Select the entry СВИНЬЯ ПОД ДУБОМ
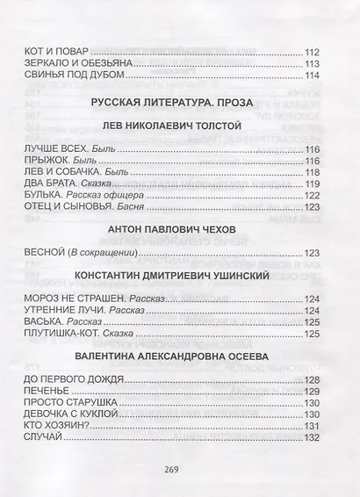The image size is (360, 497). (77, 76)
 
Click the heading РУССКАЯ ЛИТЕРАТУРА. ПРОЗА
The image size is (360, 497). (178, 102)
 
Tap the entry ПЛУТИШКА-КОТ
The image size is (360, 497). (67, 335)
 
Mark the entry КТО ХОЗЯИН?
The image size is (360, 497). (60, 425)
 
